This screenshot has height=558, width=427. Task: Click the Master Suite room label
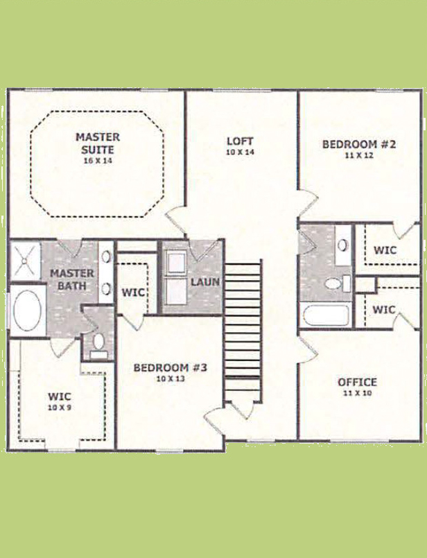pyautogui.click(x=98, y=143)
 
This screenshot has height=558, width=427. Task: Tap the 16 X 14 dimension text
pyautogui.click(x=98, y=161)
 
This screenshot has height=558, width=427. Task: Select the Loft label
pyautogui.click(x=240, y=141)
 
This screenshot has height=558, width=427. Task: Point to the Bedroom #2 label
pyautogui.click(x=359, y=144)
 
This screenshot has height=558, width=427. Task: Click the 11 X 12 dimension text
pyautogui.click(x=359, y=155)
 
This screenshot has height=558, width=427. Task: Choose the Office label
pyautogui.click(x=357, y=382)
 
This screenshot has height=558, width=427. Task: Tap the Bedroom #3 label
pyautogui.click(x=170, y=367)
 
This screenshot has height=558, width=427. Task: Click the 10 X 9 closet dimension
pyautogui.click(x=60, y=407)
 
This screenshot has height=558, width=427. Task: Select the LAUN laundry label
pyautogui.click(x=205, y=282)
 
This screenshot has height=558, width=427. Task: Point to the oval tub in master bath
pyautogui.click(x=28, y=310)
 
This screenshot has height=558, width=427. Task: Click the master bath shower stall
pyautogui.click(x=24, y=261)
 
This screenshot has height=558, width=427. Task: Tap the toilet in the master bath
pyautogui.click(x=98, y=345)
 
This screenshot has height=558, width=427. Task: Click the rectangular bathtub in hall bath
pyautogui.click(x=326, y=315)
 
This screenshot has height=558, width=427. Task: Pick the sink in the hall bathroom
pyautogui.click(x=343, y=245)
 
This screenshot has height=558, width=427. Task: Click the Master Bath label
pyautogui.click(x=72, y=280)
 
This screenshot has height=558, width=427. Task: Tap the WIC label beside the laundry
pyautogui.click(x=133, y=293)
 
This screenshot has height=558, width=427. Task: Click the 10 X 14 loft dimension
pyautogui.click(x=240, y=152)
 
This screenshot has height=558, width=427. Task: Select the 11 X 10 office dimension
pyautogui.click(x=357, y=393)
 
